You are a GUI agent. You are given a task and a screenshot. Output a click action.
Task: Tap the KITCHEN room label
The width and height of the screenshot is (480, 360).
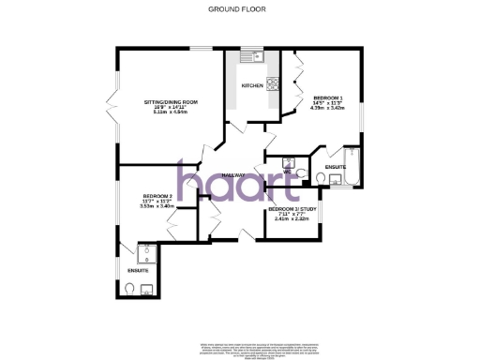pos(251,85)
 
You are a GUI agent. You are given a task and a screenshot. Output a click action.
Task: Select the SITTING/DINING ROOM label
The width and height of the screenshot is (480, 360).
pos(171,100)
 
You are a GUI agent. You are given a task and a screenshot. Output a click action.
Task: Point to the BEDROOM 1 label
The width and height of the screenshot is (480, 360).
pos(328,97)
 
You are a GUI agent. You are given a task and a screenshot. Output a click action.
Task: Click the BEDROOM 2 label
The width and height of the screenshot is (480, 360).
pos(145,195)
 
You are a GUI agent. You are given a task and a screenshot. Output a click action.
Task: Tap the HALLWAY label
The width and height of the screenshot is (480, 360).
pos(232,175)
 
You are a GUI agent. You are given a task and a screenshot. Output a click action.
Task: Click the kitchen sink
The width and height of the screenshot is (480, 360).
pos(253,57)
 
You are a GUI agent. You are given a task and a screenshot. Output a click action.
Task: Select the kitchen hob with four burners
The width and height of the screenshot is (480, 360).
pos(276,83)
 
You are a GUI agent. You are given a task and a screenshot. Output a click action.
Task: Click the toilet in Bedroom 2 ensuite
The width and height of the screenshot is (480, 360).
pos(131,287)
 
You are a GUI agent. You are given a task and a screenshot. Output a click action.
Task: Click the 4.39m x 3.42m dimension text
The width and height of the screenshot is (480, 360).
pos(328,108)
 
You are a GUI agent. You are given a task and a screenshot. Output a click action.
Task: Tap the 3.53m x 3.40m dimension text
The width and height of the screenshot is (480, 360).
pos(145,205)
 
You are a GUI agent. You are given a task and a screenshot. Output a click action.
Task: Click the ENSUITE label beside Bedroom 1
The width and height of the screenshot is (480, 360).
pos(335,167)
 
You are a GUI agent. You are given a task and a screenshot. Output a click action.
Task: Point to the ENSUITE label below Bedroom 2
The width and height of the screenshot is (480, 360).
pos(137,271)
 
